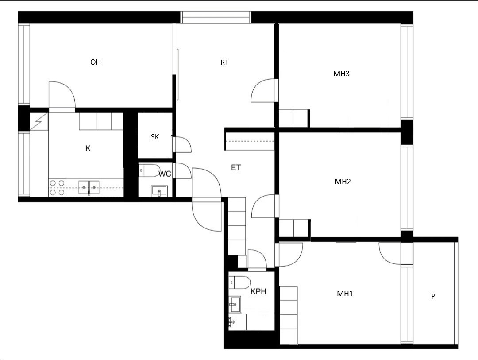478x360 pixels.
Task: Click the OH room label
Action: tap(96, 62)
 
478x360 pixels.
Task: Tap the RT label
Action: tap(225, 62)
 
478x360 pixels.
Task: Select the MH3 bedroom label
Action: tap(341, 74)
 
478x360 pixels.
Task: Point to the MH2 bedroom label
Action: tap(343, 182)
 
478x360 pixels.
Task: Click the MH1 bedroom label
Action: tap(345, 294)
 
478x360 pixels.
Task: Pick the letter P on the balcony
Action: tap(433, 296)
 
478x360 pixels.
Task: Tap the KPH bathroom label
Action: tap(258, 292)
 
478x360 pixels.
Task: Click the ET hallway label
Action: tap(236, 167)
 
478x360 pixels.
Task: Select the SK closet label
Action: tap(155, 137)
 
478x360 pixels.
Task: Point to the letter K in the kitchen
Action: tap(88, 149)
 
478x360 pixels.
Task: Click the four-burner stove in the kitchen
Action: tap(57, 188)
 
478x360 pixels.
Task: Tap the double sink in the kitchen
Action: tap(89, 187)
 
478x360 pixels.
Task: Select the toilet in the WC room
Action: tap(149, 170)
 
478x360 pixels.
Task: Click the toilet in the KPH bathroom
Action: tap(239, 283)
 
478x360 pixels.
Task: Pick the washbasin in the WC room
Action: tap(159, 191)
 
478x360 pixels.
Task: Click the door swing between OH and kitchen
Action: tap(62, 95)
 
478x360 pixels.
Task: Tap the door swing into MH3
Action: tap(264, 90)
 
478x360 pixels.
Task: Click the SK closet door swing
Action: tap(182, 145)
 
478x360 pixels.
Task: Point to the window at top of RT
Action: tap(216, 17)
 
